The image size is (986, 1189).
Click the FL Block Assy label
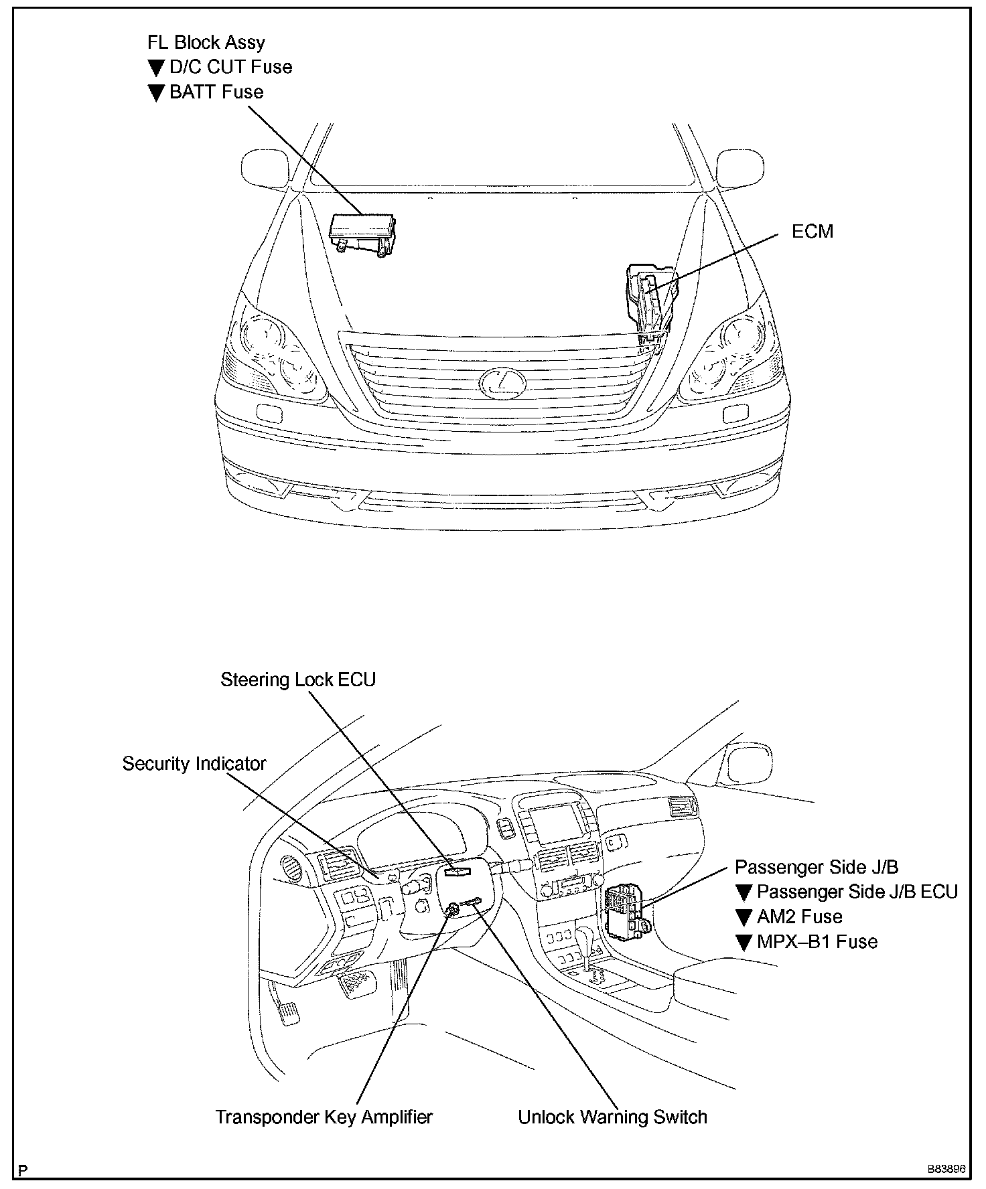206,43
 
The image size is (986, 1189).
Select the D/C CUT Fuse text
230,67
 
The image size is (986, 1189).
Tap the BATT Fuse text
216,92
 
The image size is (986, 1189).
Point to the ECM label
812,232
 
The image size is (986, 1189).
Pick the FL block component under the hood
362,234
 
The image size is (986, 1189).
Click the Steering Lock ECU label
298,680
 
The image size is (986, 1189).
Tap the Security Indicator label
194,764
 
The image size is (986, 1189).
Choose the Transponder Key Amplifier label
324,1117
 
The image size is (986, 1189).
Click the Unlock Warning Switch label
612,1117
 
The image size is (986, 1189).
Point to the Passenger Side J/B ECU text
857,892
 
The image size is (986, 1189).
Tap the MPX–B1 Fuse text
817,941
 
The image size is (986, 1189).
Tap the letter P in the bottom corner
23,1170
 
